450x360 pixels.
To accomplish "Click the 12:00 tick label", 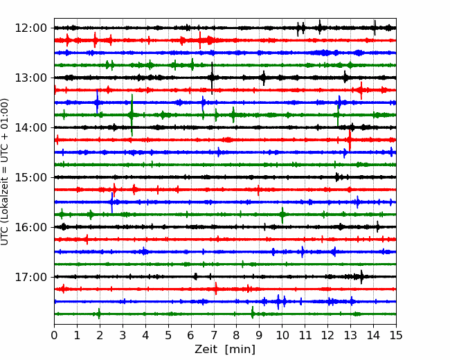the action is click(30, 28).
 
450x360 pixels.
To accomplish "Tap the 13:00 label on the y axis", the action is click(30, 78).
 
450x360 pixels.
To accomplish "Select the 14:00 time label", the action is click(30, 127).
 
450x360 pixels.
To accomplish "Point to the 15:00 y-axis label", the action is click(30, 177).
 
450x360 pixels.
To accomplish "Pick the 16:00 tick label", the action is click(30, 227).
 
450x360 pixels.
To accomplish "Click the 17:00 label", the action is click(30, 277).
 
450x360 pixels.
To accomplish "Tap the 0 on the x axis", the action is click(54, 335).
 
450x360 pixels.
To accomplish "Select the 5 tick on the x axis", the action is click(168, 335).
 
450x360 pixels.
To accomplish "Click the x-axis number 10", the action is click(282, 335).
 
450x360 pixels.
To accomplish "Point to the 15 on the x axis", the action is click(396, 335).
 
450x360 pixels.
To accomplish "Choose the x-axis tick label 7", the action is click(214, 335).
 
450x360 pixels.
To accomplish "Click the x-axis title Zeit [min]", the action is click(225, 350).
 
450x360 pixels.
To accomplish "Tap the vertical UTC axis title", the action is click(5, 172).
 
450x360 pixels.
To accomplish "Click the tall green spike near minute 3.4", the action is click(132, 115).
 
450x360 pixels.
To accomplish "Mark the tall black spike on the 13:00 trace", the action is click(212, 78).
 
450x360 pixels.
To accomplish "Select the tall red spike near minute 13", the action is click(350, 140).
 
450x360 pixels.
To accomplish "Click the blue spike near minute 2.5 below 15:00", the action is click(112, 202).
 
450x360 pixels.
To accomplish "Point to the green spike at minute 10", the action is click(282, 215).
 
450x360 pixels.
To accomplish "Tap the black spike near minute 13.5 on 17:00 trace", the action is click(361, 277).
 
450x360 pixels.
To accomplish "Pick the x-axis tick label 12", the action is click(327, 335).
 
